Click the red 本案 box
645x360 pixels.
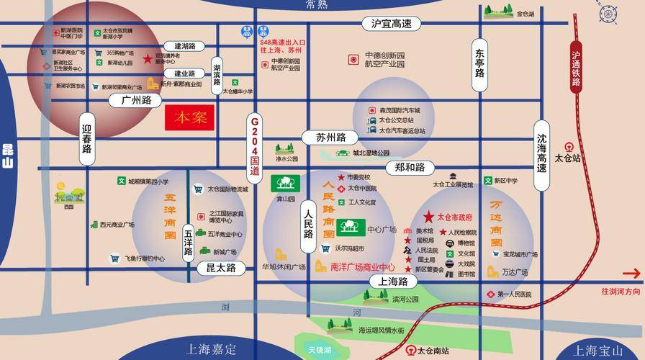coord(190,118)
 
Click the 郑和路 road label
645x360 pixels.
coord(410,167)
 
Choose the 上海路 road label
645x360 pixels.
coord(393,282)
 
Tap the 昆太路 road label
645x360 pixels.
coord(216,268)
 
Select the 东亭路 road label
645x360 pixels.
coord(479,63)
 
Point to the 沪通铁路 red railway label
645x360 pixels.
coord(576,68)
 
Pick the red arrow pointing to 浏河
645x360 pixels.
coord(630,273)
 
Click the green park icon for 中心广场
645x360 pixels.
coord(353,228)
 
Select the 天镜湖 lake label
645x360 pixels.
coord(319,350)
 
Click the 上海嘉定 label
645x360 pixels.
coord(211,350)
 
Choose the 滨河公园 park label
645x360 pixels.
coord(405,300)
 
